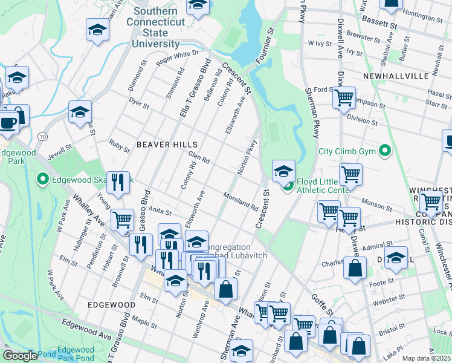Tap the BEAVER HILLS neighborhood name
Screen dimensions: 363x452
(x=167, y=145)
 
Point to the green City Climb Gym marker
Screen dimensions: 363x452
(x=383, y=151)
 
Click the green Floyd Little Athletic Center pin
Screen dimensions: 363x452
(x=288, y=185)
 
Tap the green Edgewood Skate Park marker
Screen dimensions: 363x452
(x=42, y=179)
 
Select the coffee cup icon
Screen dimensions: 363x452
(x=8, y=122)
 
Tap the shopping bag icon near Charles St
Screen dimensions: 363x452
(x=355, y=267)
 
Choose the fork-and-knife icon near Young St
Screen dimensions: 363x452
(x=118, y=181)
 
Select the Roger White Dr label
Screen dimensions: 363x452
(x=178, y=57)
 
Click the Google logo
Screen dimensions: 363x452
(x=20, y=356)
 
